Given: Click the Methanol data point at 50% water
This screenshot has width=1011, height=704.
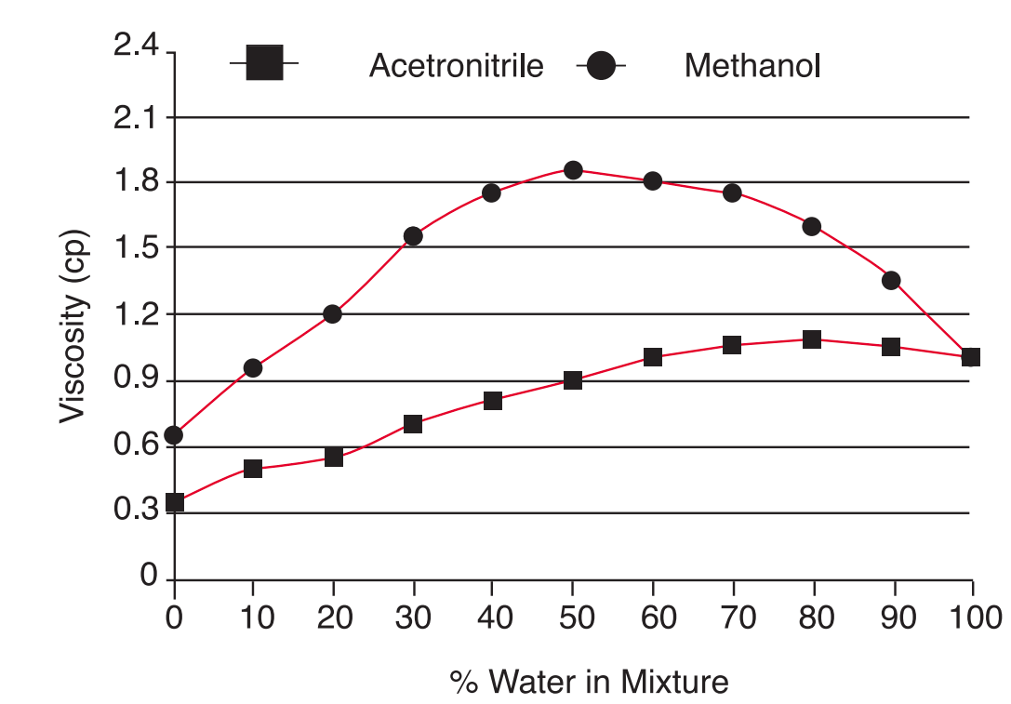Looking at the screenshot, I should click(573, 170).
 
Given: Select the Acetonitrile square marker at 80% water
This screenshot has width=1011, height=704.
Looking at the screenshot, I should click(812, 339).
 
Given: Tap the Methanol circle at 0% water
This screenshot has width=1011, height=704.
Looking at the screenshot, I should click(174, 434).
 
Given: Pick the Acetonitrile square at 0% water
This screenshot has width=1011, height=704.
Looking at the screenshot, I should click(174, 503).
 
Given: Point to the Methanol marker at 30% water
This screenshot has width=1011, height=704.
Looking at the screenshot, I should click(413, 235).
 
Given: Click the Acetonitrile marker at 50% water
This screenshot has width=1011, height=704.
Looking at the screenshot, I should click(573, 380).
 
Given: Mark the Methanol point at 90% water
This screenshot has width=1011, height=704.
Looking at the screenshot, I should click(891, 280).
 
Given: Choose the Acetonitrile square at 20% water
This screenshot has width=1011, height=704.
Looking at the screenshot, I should click(334, 457).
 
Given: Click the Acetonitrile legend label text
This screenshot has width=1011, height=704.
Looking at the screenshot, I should click(456, 67).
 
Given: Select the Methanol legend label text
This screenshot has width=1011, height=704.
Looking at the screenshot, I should click(752, 67).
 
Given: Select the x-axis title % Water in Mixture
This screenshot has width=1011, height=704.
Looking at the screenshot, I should click(590, 682).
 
